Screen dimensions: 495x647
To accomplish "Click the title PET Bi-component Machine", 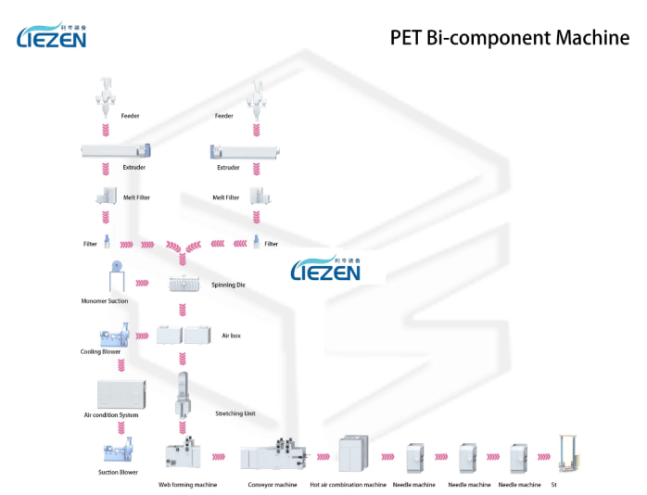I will tap(510, 38).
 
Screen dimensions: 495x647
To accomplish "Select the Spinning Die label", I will tap(228, 285).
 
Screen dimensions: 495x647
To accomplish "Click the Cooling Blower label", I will tap(100, 351).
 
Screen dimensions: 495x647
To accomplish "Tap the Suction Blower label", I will tap(118, 472).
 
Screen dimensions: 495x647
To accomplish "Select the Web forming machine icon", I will tap(185, 456).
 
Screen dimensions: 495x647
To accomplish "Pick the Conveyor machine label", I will tap(273, 484).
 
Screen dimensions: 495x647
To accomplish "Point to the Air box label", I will tap(231, 336).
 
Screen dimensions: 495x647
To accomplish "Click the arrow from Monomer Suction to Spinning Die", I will tap(144, 283).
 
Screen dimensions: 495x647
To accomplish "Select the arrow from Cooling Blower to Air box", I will tap(144, 335).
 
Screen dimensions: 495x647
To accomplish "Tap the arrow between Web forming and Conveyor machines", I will tap(220, 456).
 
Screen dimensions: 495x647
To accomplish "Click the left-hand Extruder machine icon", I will tap(115, 148).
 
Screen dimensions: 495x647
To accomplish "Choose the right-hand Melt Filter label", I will tap(225, 197).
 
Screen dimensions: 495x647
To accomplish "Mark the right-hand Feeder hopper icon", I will tap(259, 96).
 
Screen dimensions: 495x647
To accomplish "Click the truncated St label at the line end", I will tap(554, 484).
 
